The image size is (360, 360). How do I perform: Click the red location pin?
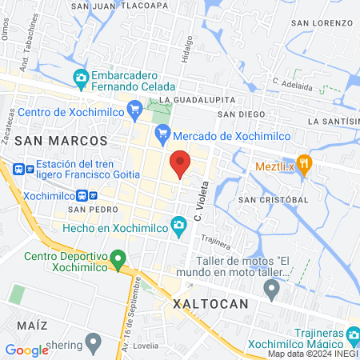(180, 163)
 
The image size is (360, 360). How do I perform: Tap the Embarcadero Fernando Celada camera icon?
(80, 78)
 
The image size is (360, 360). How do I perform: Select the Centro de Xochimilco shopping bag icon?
(134, 106)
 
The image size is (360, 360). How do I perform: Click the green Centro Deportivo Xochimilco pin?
(118, 258)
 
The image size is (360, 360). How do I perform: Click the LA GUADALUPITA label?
(197, 99)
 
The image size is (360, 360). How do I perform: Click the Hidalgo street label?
(187, 48)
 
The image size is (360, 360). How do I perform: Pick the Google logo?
(26, 350)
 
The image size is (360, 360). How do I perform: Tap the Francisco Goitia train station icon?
(19, 169)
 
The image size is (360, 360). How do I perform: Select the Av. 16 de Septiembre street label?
(134, 309)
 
